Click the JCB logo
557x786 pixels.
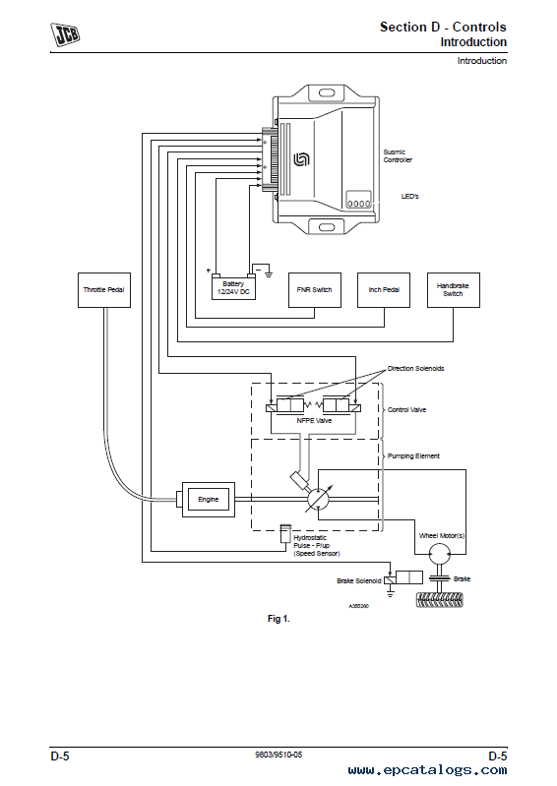tap(65, 34)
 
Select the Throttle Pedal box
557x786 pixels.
tap(104, 290)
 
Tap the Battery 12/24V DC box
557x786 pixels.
tap(233, 287)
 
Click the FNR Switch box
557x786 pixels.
tap(315, 290)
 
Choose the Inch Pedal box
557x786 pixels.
tap(384, 290)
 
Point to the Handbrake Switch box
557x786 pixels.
tap(454, 290)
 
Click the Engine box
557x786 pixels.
tap(209, 500)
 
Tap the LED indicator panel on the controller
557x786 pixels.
tap(359, 200)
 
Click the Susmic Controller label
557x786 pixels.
tap(398, 155)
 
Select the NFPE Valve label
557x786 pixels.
tap(314, 421)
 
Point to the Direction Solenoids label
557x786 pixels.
tap(415, 369)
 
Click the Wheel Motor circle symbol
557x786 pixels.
tap(440, 555)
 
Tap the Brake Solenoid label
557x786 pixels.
tap(359, 581)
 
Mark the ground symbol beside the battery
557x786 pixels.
tap(269, 272)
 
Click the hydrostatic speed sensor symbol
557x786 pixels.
tap(285, 533)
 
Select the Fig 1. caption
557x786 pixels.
tap(278, 619)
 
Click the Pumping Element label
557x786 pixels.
tap(413, 456)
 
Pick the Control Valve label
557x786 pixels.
tap(406, 409)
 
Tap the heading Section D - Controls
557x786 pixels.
tap(443, 27)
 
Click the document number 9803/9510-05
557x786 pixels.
tap(278, 755)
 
